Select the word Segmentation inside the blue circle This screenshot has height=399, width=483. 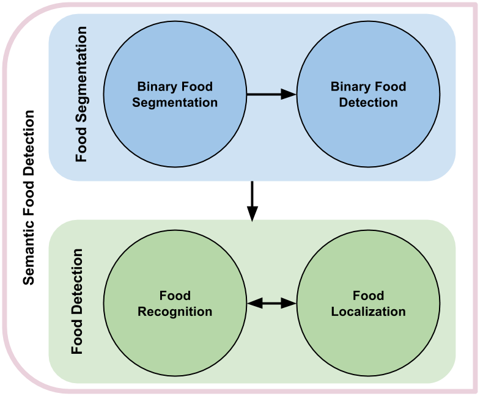click(x=175, y=103)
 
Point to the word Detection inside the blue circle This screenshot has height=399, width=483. click(x=368, y=103)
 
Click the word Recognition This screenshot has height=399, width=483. click(x=175, y=312)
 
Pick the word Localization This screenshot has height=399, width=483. click(x=368, y=312)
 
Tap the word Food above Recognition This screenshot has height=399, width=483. click(x=175, y=296)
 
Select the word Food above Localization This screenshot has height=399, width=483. click(x=368, y=296)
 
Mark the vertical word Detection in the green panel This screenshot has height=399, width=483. click(x=78, y=273)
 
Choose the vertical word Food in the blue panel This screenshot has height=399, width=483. click(x=81, y=147)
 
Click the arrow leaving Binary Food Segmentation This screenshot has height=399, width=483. click(x=263, y=95)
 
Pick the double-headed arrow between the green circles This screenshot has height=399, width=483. click(x=271, y=302)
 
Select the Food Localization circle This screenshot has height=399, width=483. click(x=368, y=336)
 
